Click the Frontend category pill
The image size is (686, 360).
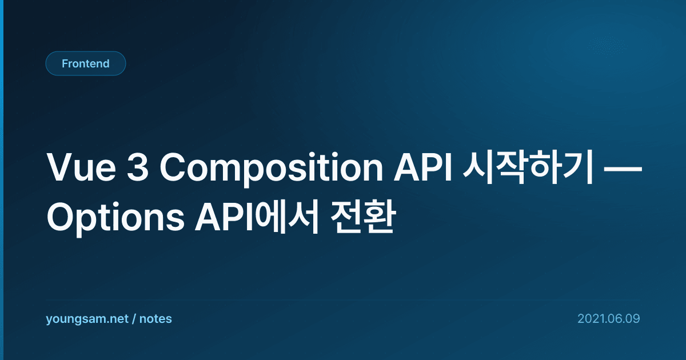pyautogui.click(x=86, y=63)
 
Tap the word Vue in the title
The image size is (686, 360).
pyautogui.click(x=81, y=168)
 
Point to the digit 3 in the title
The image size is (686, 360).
pyautogui.click(x=138, y=167)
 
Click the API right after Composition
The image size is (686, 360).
pyautogui.click(x=423, y=167)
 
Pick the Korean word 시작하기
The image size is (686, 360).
pyautogui.click(x=528, y=167)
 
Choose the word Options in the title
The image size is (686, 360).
pyautogui.click(x=115, y=218)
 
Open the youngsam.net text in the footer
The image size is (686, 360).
pyautogui.click(x=87, y=319)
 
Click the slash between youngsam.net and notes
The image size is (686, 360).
pyautogui.click(x=134, y=319)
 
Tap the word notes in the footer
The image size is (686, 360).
pyautogui.click(x=155, y=319)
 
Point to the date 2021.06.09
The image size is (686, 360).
pyautogui.click(x=609, y=319)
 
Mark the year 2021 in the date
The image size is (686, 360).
pyautogui.click(x=589, y=319)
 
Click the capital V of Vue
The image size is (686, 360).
pyautogui.click(x=61, y=167)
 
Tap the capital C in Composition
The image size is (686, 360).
pyautogui.click(x=173, y=167)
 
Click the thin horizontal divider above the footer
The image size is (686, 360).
pyautogui.click(x=343, y=300)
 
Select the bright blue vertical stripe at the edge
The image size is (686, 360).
pyautogui.click(x=2, y=180)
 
